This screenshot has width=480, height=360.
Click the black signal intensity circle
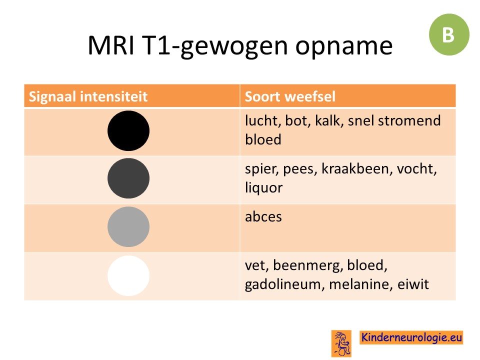coord(128,130)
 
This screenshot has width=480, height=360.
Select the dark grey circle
coord(128,178)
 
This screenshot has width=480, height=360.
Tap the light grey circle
coord(128,227)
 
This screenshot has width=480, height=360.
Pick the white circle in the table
coord(128,276)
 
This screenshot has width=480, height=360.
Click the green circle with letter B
coord(449,34)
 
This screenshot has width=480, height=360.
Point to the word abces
coord(263,216)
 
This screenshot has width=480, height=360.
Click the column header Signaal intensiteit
coord(88,96)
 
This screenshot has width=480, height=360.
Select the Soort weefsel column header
coord(290,96)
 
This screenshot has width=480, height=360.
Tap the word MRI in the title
coord(111,45)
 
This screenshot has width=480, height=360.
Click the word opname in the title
coord(344,46)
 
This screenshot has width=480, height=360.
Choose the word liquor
coord(263,188)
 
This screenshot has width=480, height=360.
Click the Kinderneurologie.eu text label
coord(411,337)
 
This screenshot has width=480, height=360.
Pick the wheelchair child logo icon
coord(341,343)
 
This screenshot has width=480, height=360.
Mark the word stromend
coord(409,120)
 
